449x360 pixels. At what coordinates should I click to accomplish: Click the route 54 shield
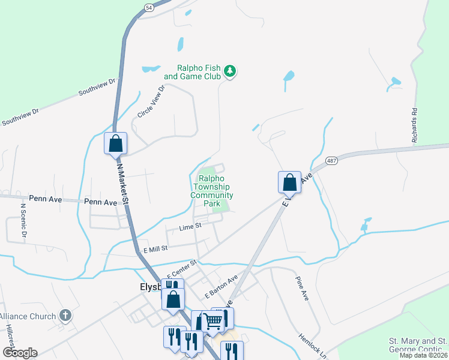[x=149, y=6]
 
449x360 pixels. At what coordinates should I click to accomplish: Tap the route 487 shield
[x=331, y=161]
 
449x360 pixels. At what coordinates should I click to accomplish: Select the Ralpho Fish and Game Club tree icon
[x=229, y=72]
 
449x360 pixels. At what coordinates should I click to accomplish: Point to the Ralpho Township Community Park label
[x=212, y=191]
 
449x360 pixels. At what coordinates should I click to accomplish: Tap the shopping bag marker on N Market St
[x=116, y=144]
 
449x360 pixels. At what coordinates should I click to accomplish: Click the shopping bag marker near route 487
[x=289, y=182]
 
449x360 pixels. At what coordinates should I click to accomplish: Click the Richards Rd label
[x=414, y=124]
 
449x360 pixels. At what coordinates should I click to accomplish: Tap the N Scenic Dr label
[x=23, y=221]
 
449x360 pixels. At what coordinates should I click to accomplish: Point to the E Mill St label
[x=154, y=247]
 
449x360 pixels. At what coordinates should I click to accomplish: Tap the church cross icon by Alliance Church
[x=65, y=316]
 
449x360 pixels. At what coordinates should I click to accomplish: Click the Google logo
[x=20, y=353]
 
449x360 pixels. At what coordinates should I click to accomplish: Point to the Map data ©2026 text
[x=424, y=355]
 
